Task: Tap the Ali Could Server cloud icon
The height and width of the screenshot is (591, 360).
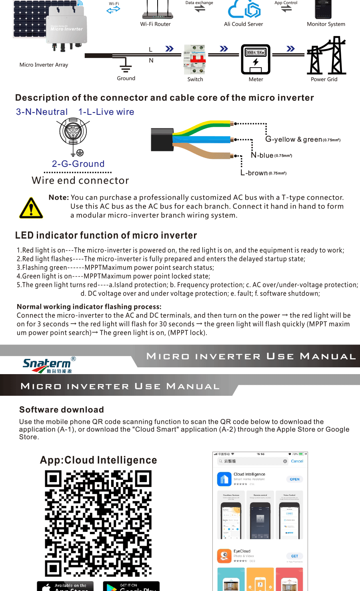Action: tap(244, 9)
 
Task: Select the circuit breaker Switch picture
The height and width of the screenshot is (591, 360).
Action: tap(195, 60)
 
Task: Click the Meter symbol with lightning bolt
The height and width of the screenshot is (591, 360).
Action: tap(256, 59)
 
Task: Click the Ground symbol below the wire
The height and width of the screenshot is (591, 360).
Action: tap(126, 65)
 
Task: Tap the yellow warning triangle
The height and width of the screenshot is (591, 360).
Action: tap(31, 208)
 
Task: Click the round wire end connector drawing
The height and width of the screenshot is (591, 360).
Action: tap(73, 131)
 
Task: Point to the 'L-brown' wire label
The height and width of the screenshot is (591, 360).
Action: tap(254, 173)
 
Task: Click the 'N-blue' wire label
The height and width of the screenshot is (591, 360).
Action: tap(262, 155)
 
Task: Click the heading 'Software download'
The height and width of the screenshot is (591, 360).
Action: tap(62, 410)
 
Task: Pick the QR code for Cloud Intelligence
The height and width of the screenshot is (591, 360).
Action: tap(98, 523)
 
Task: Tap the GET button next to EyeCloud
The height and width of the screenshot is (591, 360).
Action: tap(294, 556)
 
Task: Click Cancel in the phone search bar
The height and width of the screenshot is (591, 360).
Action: tap(297, 461)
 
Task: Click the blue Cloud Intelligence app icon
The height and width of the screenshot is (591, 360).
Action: tap(224, 479)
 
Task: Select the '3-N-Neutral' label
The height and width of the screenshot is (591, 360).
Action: tap(42, 112)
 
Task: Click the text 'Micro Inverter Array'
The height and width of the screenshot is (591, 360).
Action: tap(44, 65)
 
